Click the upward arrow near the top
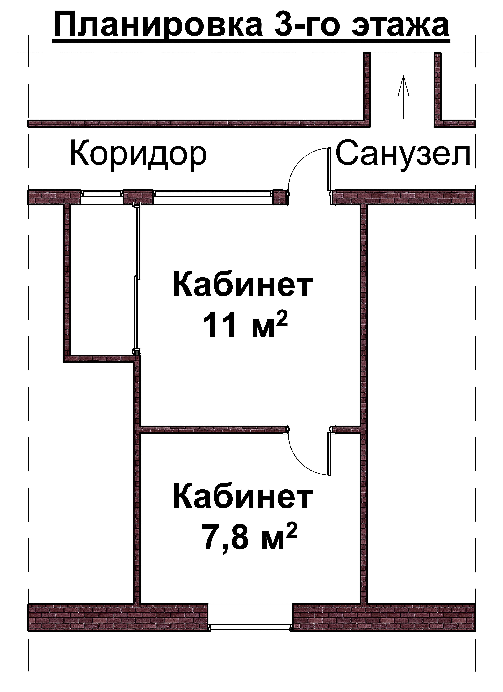click(404, 97)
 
